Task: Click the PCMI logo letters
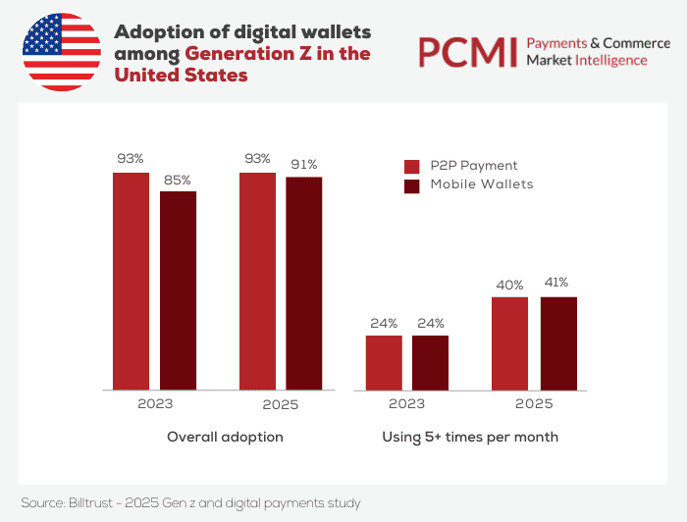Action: (467, 52)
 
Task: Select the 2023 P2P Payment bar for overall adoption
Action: (131, 281)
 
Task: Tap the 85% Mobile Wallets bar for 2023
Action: (178, 289)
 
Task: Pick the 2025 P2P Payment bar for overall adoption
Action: (257, 281)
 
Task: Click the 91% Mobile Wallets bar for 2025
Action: (303, 283)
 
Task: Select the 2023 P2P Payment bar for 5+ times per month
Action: (384, 362)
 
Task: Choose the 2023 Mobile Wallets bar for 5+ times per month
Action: (430, 362)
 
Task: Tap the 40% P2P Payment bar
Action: (509, 342)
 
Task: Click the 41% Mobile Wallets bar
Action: (557, 342)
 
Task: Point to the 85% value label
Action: (178, 180)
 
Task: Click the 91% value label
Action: (303, 165)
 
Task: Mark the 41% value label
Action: (556, 284)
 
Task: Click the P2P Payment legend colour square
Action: (412, 166)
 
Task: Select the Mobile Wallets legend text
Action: (482, 184)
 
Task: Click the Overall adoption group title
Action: (225, 437)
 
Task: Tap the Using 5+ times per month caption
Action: (470, 437)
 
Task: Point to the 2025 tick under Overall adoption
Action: (280, 404)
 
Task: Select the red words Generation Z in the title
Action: (249, 54)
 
